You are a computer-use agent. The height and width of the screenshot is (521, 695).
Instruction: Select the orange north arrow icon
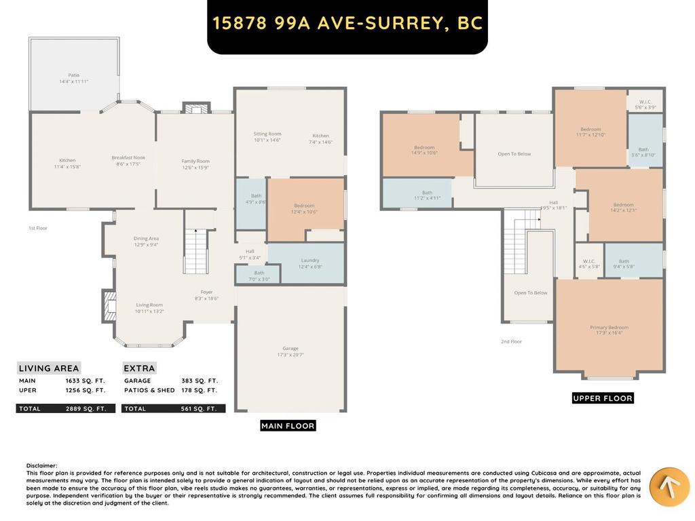pos(669,486)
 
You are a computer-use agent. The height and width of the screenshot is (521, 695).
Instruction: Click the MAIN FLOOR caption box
pos(288,425)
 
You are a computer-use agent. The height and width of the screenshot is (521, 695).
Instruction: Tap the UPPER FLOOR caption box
pos(603,398)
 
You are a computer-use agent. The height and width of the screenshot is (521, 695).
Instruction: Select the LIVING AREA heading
pos(48,368)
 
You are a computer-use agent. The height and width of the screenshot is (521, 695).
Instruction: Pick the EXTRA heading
pos(139,368)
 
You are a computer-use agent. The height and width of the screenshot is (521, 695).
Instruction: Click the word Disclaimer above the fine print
pos(42,465)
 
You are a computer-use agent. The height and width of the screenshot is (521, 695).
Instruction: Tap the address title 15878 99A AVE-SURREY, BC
pos(347,23)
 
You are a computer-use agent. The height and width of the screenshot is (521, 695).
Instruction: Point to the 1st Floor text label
pos(38,228)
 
